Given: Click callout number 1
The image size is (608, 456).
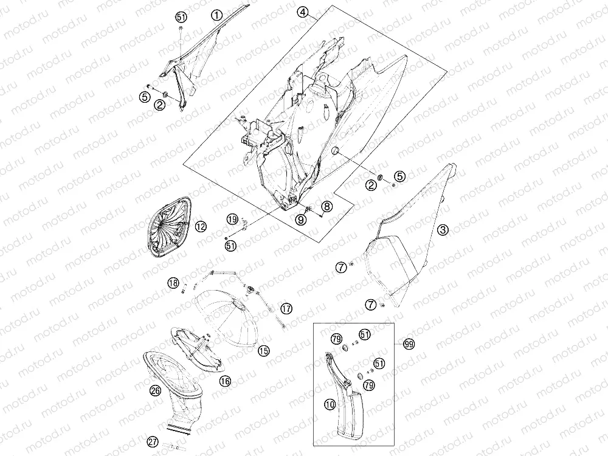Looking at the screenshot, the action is tap(217, 16).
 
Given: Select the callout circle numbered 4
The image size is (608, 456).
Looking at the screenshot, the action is tap(303, 12).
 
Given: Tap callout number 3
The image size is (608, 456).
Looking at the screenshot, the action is tap(443, 230).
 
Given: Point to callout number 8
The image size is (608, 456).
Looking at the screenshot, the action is tap(327, 206).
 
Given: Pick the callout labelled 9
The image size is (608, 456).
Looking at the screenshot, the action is tap(301, 220).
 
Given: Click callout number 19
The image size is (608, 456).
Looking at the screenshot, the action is tap(232, 219).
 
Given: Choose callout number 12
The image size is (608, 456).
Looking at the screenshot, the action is tap(201, 226).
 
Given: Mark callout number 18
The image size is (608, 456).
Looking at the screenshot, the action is tap(173, 283).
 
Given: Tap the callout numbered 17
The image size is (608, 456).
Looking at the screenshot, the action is tap(286, 309).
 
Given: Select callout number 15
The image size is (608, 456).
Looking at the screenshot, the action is tap(264, 351).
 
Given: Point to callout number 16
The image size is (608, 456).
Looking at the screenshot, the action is tap(225, 381).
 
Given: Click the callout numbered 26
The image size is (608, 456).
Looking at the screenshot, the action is tap(155, 390).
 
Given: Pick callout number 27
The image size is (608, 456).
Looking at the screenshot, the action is tap(153, 441).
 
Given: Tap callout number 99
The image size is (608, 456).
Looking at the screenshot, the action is tap(409, 344).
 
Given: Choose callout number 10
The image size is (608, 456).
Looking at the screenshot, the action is tap(330, 405).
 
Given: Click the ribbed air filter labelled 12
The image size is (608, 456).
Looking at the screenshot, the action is tap(169, 227).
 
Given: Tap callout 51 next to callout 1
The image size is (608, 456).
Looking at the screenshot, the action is tap(181, 17).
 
